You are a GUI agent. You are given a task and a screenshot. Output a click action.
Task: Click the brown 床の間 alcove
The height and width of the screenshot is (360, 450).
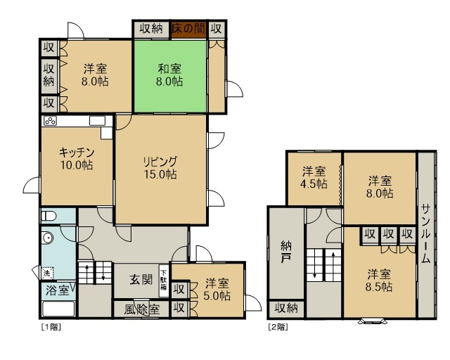point(188,30)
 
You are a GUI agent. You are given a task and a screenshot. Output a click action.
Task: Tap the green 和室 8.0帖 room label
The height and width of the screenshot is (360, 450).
point(169,75)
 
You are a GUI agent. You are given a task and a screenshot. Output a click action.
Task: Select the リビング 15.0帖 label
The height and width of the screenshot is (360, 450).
point(160,168)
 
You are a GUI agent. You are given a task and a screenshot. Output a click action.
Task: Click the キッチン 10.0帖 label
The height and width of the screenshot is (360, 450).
point(77,158)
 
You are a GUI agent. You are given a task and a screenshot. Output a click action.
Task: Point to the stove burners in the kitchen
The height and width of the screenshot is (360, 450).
point(50,121)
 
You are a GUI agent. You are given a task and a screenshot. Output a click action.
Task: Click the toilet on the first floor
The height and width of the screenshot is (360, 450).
point(47,216)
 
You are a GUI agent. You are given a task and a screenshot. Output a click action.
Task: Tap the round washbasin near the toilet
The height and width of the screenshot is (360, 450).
point(47,238)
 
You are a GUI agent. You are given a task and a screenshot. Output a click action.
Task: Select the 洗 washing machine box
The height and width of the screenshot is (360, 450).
point(47,273)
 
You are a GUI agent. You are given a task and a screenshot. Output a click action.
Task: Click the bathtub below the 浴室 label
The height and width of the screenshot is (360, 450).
point(58,309)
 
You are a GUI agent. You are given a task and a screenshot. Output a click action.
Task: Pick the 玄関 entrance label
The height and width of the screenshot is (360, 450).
point(141,279)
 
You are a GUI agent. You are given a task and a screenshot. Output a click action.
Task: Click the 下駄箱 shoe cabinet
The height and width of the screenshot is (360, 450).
point(164,281)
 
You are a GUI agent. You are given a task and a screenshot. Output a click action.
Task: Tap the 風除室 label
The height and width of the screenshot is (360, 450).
point(142,309)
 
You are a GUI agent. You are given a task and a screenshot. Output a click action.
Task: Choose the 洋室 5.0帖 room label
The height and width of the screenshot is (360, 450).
point(217,290)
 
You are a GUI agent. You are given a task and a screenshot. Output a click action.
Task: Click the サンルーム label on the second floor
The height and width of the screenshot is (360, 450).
point(426,233)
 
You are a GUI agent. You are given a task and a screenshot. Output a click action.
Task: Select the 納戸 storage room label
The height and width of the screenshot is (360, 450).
point(286,252)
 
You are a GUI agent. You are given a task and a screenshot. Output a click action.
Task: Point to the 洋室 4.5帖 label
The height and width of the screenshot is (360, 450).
point(314,178)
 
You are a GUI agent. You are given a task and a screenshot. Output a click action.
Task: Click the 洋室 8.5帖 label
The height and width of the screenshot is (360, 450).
point(379,281)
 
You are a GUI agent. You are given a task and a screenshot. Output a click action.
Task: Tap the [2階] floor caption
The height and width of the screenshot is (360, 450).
point(278,327)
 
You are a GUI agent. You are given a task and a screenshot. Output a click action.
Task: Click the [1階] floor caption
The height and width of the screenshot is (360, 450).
point(51,327)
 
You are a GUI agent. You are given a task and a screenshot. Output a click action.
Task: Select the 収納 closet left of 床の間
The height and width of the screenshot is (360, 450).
point(151,29)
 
